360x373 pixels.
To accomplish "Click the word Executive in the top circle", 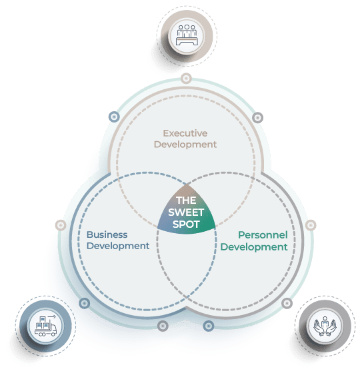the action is click(x=185, y=133).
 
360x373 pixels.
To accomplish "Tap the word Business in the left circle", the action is click(x=107, y=234).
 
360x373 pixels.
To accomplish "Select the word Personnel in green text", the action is click(x=263, y=235).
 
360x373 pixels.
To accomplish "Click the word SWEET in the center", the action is click(x=186, y=212).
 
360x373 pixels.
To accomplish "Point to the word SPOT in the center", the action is click(x=186, y=224).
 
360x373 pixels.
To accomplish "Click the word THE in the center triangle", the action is click(x=186, y=200).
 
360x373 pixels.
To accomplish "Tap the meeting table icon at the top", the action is click(x=187, y=35).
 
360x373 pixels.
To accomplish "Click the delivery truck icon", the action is click(x=45, y=326).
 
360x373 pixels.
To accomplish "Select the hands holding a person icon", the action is click(x=325, y=326).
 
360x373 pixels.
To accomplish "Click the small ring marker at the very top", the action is click(x=186, y=79).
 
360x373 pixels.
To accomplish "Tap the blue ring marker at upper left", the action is click(x=114, y=117).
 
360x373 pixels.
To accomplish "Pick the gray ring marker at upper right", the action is click(x=257, y=117).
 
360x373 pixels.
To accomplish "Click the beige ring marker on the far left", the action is click(x=61, y=225).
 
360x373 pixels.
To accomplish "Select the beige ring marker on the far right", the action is click(x=311, y=225).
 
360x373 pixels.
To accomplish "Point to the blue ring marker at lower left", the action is click(x=84, y=303).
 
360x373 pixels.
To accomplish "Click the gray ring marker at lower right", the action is click(x=287, y=303).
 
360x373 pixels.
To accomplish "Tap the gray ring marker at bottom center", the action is click(x=163, y=326).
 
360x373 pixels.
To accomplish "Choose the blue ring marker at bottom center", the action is click(x=209, y=326).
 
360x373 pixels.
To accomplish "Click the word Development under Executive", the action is click(x=185, y=145).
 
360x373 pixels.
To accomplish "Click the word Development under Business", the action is click(x=118, y=246).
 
